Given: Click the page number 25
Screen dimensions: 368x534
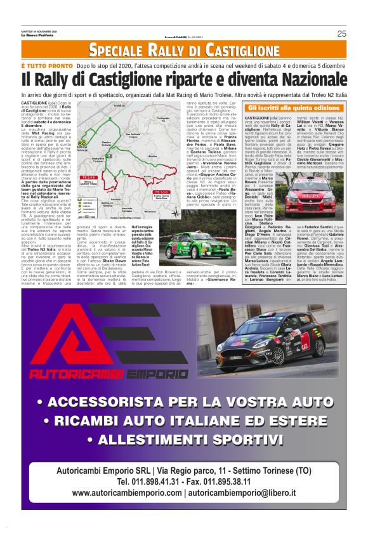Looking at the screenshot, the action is pyautogui.click(x=341, y=34).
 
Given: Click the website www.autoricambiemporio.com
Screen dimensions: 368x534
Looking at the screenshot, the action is pyautogui.click(x=127, y=494).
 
